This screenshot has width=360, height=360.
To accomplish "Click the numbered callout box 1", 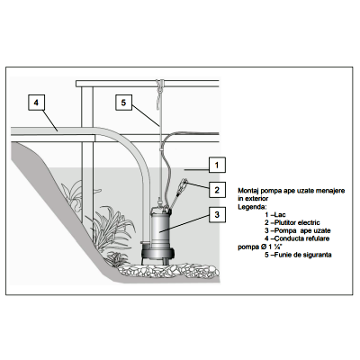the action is tap(217, 165).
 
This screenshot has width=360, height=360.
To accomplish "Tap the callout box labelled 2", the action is tap(217, 190).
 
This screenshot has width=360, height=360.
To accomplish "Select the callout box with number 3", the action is tap(217, 214).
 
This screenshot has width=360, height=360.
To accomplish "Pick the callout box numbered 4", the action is tap(36, 103).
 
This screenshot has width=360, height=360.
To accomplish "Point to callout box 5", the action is tap(123, 103).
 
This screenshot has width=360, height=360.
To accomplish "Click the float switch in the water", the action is tap(184, 184).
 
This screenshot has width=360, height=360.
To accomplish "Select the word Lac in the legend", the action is tap(280, 215).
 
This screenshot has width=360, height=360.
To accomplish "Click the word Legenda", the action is tap(252, 207).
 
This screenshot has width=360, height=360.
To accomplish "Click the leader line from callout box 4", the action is tap(49, 121).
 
